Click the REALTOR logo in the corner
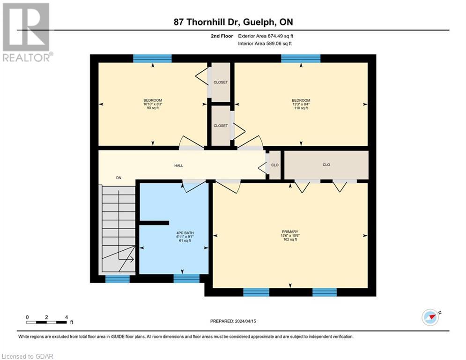click(26, 32)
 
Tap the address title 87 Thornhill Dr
click(233, 22)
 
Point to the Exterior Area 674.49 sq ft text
click(266, 36)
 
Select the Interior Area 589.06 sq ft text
click(266, 44)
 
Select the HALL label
click(179, 165)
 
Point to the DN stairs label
click(119, 178)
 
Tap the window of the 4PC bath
click(186, 279)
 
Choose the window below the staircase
click(117, 279)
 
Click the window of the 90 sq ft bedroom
click(152, 58)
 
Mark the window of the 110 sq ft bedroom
click(301, 58)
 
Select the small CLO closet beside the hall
click(275, 165)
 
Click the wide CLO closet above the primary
click(326, 165)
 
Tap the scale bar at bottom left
click(46, 322)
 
